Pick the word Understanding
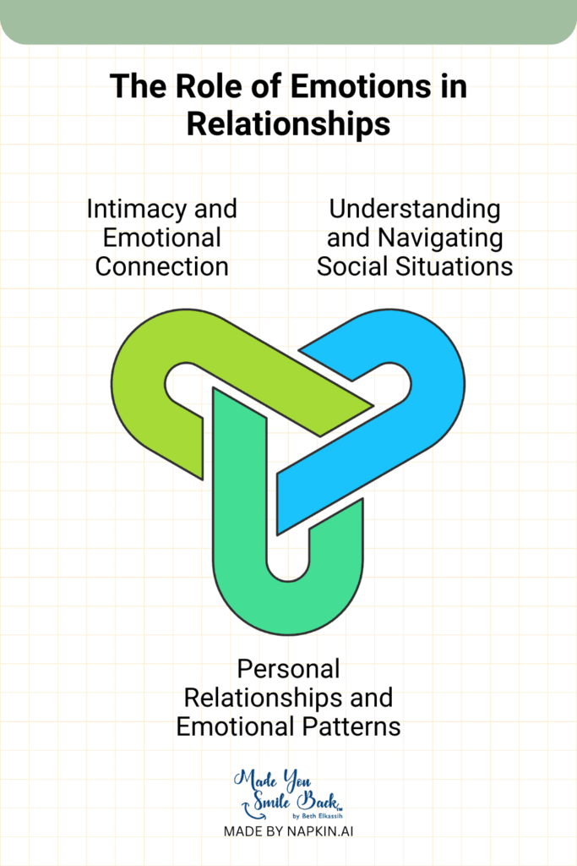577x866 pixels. click(414, 208)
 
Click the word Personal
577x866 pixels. click(288, 669)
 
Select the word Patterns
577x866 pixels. click(354, 726)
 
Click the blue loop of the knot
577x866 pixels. click(422, 381)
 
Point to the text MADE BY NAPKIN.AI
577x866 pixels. click(288, 831)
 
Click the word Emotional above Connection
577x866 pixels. click(161, 238)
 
